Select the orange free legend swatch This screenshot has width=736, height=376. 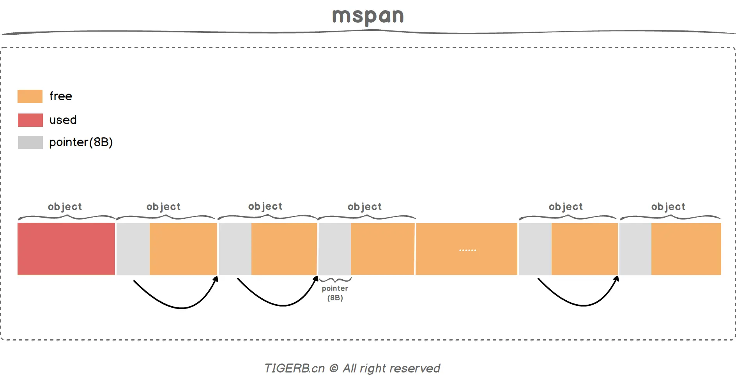tap(30, 96)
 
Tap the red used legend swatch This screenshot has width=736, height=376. tap(30, 120)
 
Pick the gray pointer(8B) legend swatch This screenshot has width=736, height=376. tap(30, 142)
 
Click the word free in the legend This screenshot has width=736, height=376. tap(61, 96)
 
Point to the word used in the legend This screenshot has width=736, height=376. tap(63, 120)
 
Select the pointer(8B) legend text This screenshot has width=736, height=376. tap(81, 142)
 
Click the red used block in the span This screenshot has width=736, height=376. tap(66, 249)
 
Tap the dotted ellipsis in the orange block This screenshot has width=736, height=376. tap(467, 250)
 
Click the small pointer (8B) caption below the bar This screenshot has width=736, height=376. tap(335, 293)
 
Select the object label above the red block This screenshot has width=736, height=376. tap(65, 207)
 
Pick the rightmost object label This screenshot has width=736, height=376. tap(668, 207)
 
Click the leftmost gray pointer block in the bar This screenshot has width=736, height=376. tap(133, 249)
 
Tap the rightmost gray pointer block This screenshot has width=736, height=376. tap(635, 249)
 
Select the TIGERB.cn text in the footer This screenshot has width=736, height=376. tap(294, 368)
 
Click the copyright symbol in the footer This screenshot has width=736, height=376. tap(334, 368)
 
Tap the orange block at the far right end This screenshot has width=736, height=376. tap(686, 249)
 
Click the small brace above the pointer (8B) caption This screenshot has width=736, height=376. tap(335, 280)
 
